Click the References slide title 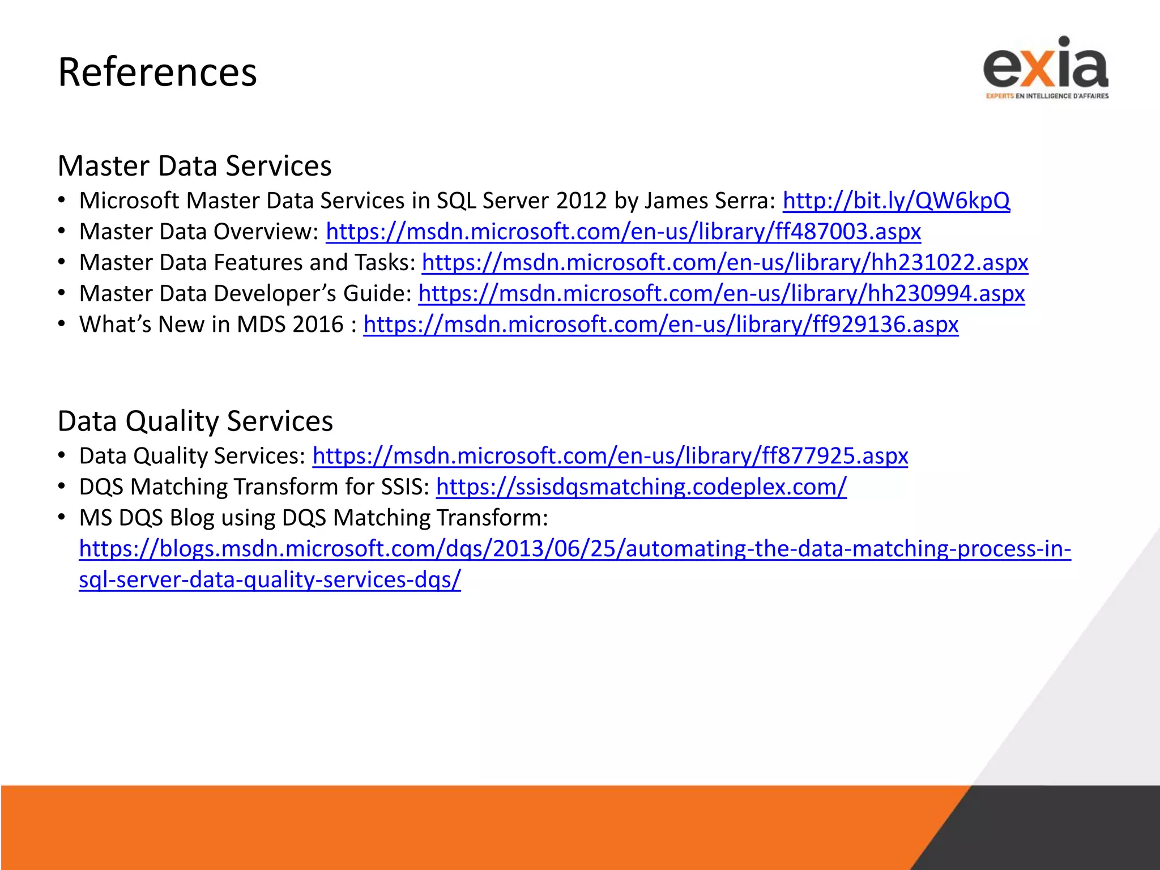(x=157, y=72)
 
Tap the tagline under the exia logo (x=1047, y=96)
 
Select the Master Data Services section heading (x=194, y=166)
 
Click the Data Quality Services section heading (x=195, y=421)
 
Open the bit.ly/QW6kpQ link (x=896, y=201)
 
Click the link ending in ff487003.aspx (x=623, y=232)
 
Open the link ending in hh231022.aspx (x=725, y=263)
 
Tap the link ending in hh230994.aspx (x=721, y=293)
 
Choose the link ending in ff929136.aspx (x=660, y=325)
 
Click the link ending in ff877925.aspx (x=610, y=456)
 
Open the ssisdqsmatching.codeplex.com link (x=641, y=487)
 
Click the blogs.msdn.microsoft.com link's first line (x=575, y=549)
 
